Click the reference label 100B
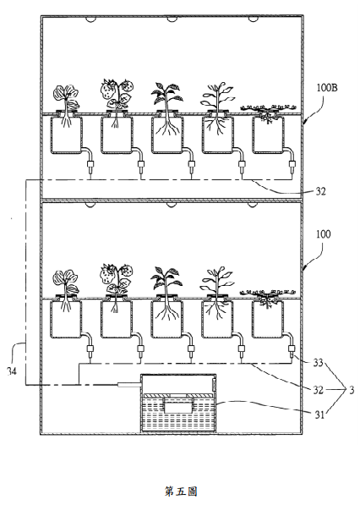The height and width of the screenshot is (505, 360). [327, 88]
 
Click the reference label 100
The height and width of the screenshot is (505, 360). [323, 234]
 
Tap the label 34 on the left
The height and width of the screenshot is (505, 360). [12, 371]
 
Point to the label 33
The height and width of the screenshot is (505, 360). [318, 363]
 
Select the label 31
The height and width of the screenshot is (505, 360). [319, 414]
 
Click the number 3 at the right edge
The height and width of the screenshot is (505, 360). [352, 390]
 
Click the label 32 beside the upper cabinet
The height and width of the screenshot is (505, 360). [320, 192]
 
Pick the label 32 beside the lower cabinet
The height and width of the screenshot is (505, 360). [319, 390]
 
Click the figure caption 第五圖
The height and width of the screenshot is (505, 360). [181, 491]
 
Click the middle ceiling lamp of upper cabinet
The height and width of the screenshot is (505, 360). [172, 19]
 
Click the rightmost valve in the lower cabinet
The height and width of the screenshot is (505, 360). [292, 350]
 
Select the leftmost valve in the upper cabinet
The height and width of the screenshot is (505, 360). [90, 167]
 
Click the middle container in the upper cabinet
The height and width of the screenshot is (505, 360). [167, 134]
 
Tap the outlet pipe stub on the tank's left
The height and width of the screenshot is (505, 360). [129, 384]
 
